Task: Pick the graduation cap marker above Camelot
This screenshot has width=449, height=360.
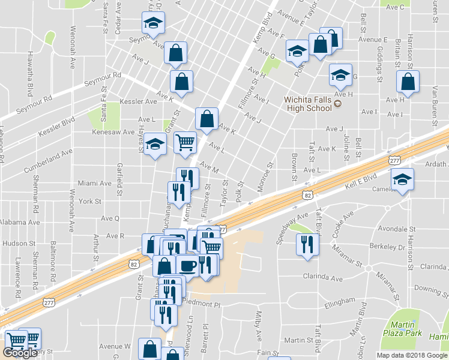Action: click(402, 178)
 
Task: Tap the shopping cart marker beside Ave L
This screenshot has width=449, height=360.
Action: click(185, 142)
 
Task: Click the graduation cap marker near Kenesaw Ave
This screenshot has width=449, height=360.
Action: click(155, 144)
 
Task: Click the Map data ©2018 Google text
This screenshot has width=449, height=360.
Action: click(412, 355)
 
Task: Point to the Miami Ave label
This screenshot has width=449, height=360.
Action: click(95, 183)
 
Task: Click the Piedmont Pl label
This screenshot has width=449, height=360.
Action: click(202, 304)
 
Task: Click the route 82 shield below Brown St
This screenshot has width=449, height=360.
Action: click(307, 196)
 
